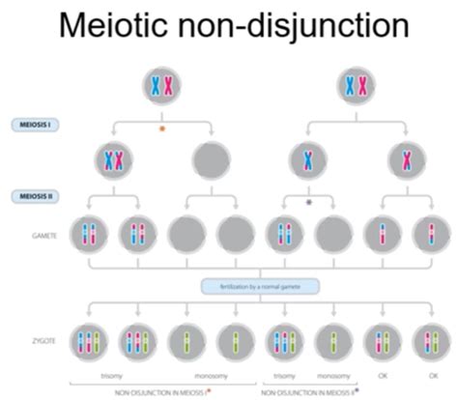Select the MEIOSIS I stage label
pos(33,124)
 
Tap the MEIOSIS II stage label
pos(33,196)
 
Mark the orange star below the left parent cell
pos(162,127)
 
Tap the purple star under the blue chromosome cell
pos(308,203)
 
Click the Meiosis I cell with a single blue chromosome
pos(308,160)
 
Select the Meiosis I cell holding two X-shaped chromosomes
pos(113,160)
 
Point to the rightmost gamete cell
pos(430,235)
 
